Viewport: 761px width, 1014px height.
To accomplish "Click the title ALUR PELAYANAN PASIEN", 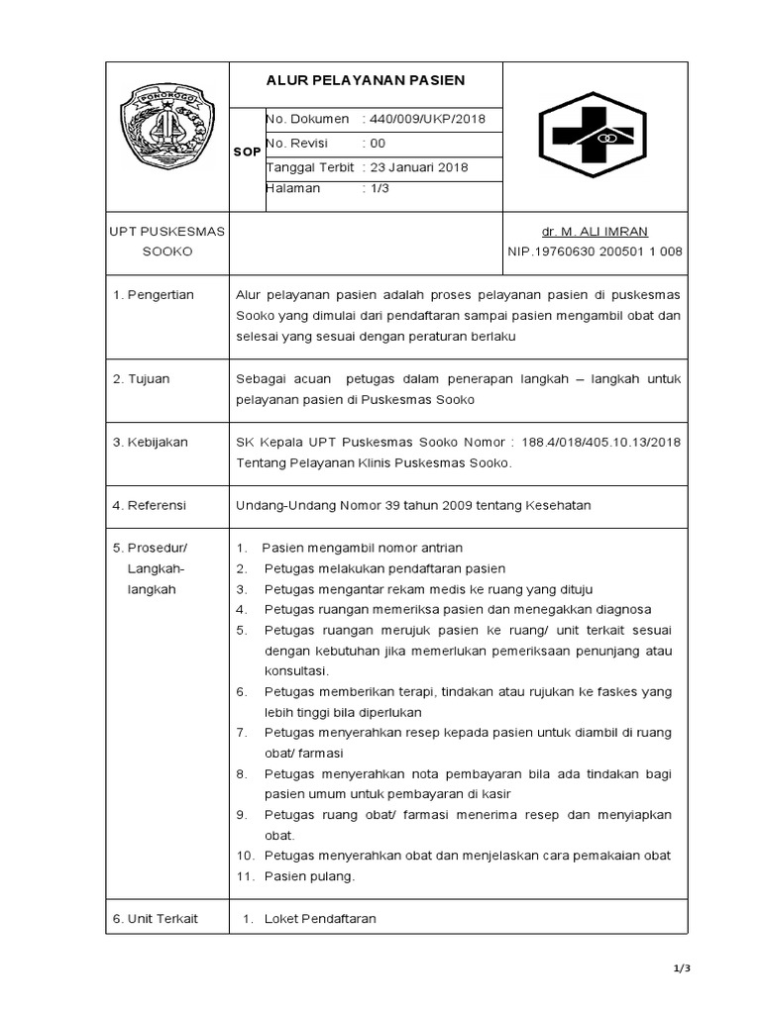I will click(x=366, y=80).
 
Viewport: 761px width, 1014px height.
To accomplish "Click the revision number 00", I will click(x=378, y=144).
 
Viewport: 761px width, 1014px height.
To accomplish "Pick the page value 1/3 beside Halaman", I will click(x=380, y=188).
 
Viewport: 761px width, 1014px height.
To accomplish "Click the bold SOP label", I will click(x=247, y=152).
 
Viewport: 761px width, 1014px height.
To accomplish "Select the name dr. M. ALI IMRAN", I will click(x=595, y=232).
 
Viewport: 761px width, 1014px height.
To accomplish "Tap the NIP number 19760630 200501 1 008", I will click(x=595, y=252).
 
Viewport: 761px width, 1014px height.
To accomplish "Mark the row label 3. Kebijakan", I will click(x=151, y=442).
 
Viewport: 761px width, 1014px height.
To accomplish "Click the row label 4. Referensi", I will click(x=150, y=505).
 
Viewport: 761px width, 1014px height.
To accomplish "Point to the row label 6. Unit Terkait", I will click(x=156, y=919).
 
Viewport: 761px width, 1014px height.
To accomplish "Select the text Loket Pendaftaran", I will click(x=320, y=919).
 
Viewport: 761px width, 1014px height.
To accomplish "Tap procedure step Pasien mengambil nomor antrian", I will click(x=363, y=548).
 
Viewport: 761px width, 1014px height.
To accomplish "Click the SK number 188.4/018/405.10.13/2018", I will click(x=600, y=442).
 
